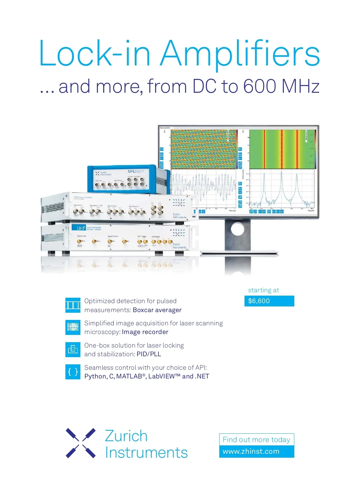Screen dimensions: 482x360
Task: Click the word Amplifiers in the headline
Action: coord(240,54)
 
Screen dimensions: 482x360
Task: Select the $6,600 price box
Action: coord(269,301)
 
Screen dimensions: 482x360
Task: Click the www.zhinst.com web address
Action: coord(251,451)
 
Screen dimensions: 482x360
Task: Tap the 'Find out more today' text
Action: coord(256,440)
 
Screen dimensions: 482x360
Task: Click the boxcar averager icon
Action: coord(73,305)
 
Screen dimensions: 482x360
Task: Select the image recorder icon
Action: coord(73,327)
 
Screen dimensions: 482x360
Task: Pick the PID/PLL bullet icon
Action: coord(73,349)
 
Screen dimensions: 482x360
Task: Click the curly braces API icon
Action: coord(73,372)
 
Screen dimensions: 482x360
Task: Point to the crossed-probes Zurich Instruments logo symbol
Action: coord(81,443)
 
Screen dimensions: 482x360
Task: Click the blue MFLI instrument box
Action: coord(126,179)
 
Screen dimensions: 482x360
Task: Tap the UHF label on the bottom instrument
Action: coord(81,228)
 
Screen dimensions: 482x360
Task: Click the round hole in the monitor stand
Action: coord(238,229)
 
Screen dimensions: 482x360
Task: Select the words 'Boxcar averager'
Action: coord(157,310)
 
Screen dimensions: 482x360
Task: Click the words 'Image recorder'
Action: coord(145,332)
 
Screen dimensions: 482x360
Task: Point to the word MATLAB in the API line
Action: coord(129,376)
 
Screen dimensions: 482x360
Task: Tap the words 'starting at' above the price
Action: coord(263,290)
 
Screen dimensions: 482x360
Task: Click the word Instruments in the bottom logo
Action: coord(146,453)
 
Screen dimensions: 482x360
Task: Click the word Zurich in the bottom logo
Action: coord(126,436)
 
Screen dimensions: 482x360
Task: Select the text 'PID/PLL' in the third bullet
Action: coord(149,354)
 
